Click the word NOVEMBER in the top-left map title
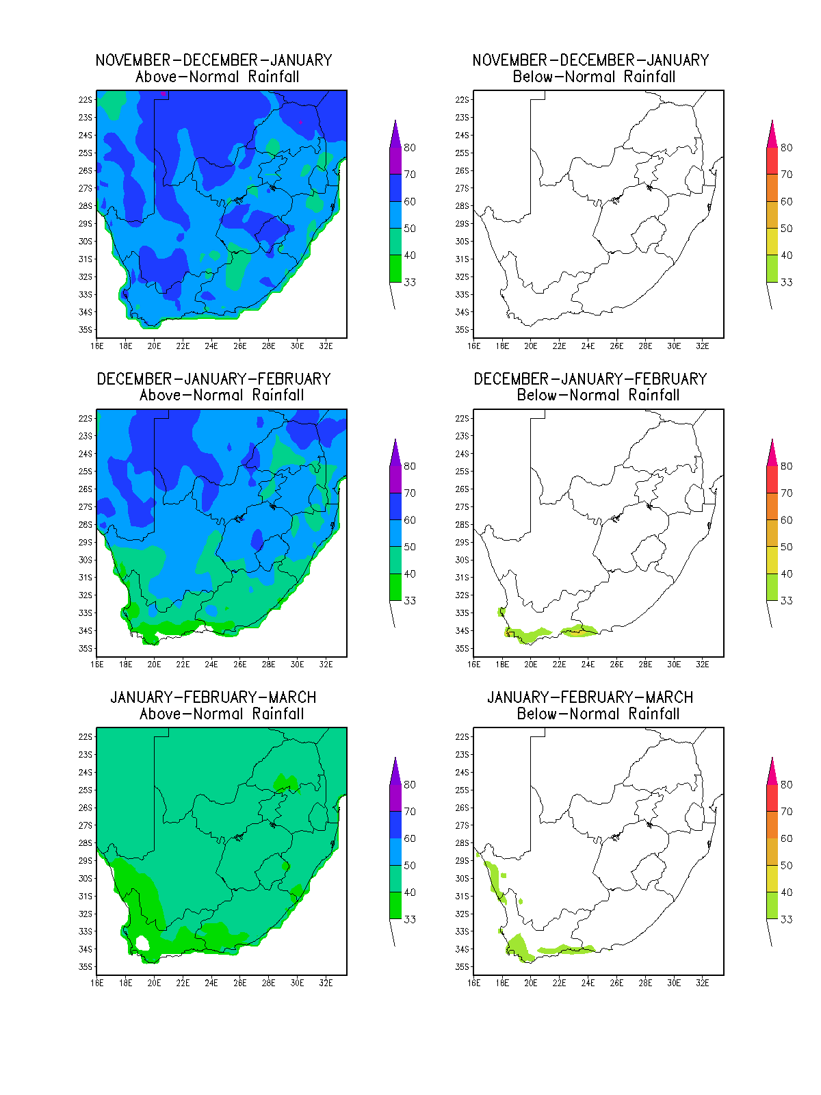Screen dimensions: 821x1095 click(x=133, y=60)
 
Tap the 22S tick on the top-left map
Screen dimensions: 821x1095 click(x=86, y=100)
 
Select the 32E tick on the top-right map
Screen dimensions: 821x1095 click(x=702, y=346)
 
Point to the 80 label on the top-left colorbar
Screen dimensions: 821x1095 click(x=410, y=148)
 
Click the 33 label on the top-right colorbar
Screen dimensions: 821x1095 click(x=787, y=283)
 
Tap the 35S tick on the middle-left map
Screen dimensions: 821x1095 click(x=86, y=649)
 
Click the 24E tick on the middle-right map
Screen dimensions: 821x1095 click(x=588, y=665)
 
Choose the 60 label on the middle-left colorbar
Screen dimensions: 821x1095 click(x=410, y=520)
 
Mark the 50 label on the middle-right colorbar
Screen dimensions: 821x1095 click(x=787, y=547)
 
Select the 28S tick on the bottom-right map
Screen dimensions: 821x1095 click(x=462, y=843)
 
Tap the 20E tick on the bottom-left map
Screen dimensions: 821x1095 click(x=154, y=983)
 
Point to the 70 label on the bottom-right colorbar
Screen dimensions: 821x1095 click(x=787, y=812)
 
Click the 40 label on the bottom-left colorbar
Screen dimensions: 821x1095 click(x=410, y=892)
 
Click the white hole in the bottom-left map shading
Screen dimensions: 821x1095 click(x=142, y=943)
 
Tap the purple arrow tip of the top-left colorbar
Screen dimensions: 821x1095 click(x=395, y=121)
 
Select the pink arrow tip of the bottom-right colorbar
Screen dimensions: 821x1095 click(x=772, y=759)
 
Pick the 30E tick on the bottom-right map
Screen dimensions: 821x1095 click(x=673, y=983)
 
